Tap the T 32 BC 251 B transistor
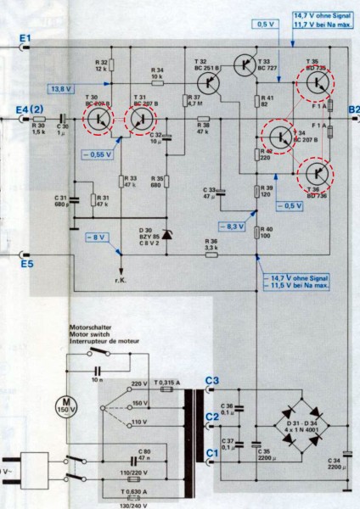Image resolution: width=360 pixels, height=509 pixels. point(207,82)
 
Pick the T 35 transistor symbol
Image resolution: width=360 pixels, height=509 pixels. point(317,82)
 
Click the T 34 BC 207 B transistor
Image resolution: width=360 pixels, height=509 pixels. point(278,134)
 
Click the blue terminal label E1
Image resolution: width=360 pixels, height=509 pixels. point(25,39)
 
